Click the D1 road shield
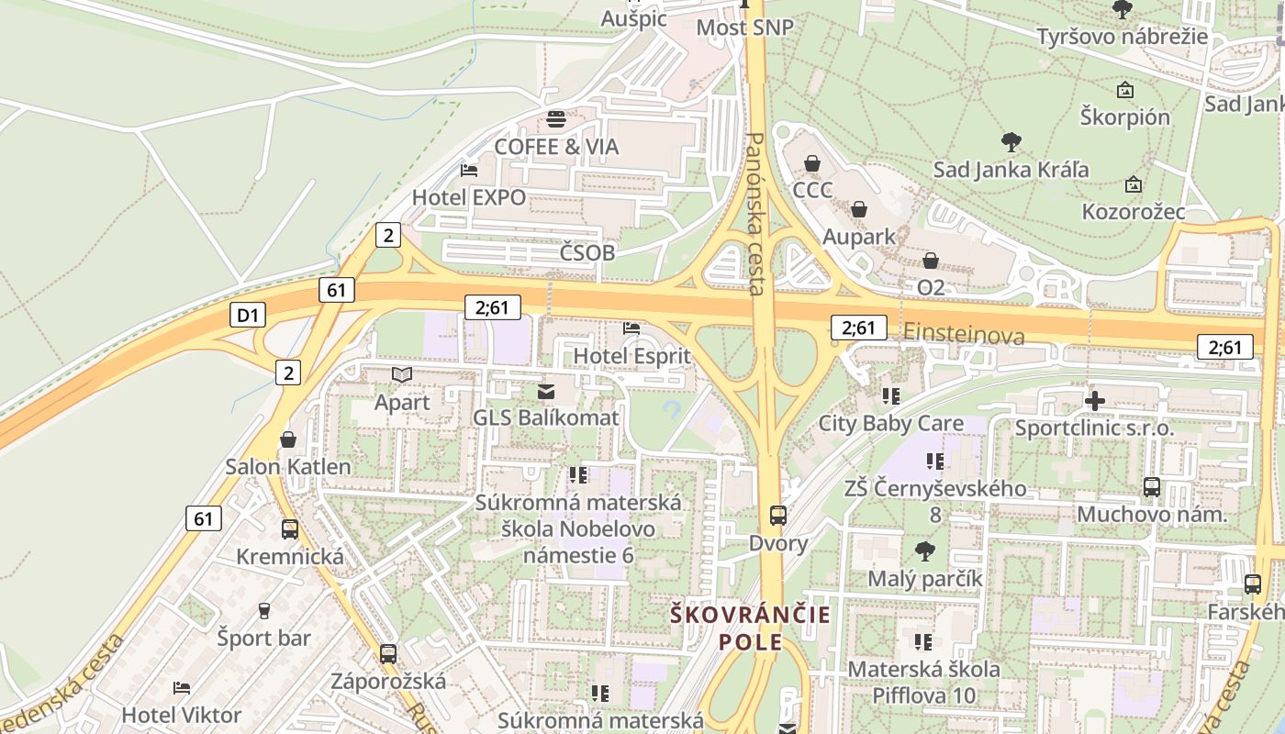click(x=248, y=316)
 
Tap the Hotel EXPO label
click(x=469, y=197)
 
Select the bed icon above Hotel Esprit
click(x=631, y=328)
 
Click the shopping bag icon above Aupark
click(x=858, y=210)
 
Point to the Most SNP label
click(x=744, y=28)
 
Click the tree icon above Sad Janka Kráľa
click(x=1011, y=142)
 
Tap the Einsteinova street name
click(x=964, y=334)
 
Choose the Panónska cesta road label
click(x=756, y=213)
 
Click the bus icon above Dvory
click(x=778, y=516)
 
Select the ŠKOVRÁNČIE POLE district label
click(x=751, y=628)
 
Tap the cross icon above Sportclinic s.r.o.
click(x=1094, y=401)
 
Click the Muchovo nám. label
click(x=1151, y=514)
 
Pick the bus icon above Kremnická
click(x=290, y=529)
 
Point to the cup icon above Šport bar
click(x=264, y=611)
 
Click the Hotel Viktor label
click(x=182, y=715)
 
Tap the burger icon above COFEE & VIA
click(x=556, y=119)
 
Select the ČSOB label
click(x=587, y=252)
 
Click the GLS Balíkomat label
click(x=546, y=417)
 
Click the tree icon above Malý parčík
click(x=924, y=551)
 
